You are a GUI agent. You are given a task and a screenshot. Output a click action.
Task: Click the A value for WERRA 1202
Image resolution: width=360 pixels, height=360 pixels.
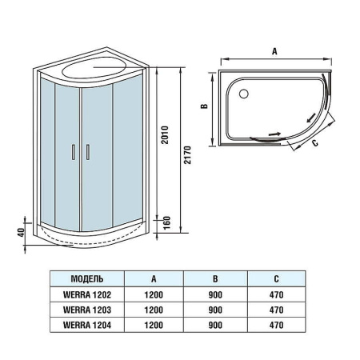[x=153, y=295]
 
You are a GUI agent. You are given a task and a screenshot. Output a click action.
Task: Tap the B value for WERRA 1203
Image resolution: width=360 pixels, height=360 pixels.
[x=216, y=310]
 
